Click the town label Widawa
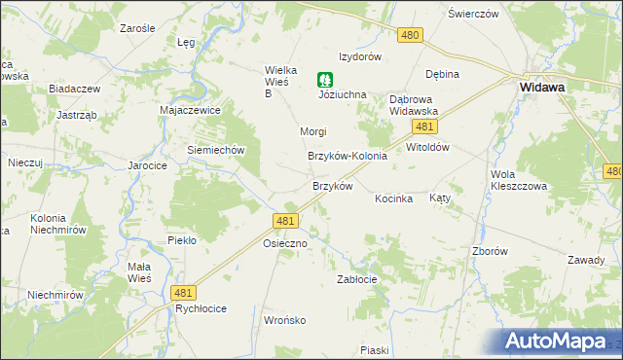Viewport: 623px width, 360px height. (x=542, y=87)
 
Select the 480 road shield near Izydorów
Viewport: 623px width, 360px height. (x=410, y=35)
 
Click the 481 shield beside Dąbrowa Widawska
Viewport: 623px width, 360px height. (x=422, y=126)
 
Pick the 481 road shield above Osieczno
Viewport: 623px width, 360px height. (x=285, y=222)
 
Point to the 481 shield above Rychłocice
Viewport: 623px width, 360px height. (x=182, y=292)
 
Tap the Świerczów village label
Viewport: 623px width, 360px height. (x=473, y=14)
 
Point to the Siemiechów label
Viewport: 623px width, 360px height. (x=215, y=150)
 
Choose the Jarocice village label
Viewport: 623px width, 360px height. (x=148, y=165)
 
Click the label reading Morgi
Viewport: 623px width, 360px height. (x=312, y=131)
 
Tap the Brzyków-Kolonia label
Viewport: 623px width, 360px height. (x=348, y=156)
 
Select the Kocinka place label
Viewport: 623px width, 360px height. (x=394, y=198)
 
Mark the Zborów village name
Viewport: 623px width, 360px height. (x=490, y=250)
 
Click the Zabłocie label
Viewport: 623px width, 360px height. (x=356, y=278)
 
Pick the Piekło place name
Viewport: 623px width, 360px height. (x=182, y=239)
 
